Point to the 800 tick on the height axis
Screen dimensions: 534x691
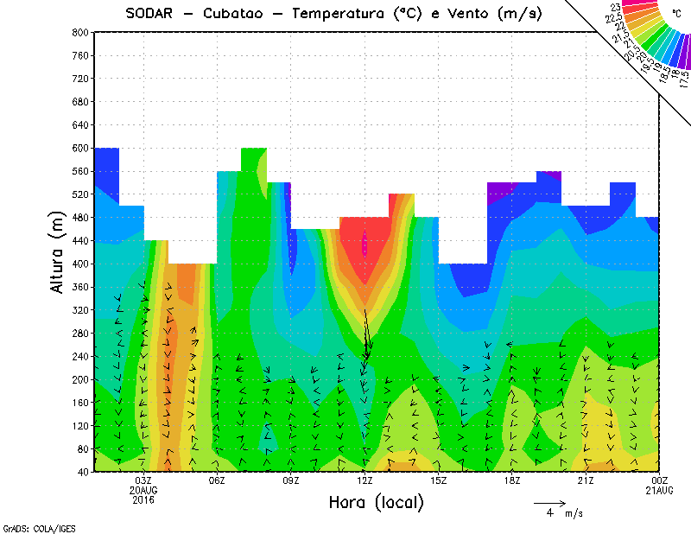coord(80,32)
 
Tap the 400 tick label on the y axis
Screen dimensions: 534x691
coord(80,264)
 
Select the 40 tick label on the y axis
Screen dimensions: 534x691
coord(83,472)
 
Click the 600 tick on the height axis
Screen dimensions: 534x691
coord(80,148)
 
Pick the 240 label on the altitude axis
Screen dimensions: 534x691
coord(80,356)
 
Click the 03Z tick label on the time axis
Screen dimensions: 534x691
coord(143,480)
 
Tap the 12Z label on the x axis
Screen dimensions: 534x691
coord(365,480)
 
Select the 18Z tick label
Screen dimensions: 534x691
coord(512,480)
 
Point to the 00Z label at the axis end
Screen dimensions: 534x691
coord(660,480)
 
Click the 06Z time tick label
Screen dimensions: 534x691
coord(217,480)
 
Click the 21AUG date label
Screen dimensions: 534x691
coord(660,490)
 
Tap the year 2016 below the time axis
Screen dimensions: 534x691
coord(143,499)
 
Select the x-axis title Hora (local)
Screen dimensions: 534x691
coord(376,502)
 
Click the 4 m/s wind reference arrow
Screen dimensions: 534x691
coord(549,502)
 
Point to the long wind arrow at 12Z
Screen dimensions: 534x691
coord(366,333)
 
